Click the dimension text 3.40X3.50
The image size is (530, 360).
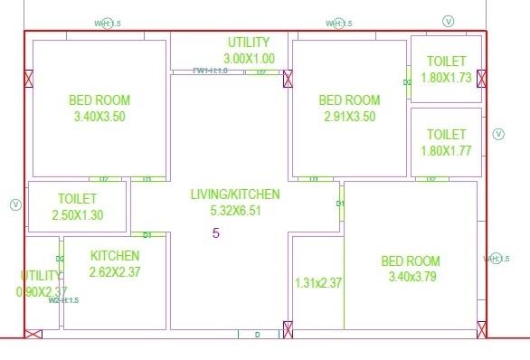pyautogui.click(x=99, y=117)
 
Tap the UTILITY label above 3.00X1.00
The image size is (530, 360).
pyautogui.click(x=249, y=43)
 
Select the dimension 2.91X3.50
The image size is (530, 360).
pyautogui.click(x=349, y=117)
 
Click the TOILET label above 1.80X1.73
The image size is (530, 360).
pyautogui.click(x=446, y=62)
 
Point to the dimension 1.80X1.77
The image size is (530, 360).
pyautogui.click(x=446, y=151)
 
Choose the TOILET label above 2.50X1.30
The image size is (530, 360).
pyautogui.click(x=79, y=198)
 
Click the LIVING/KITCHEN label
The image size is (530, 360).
pyautogui.click(x=235, y=194)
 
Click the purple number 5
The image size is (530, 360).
pyautogui.click(x=216, y=233)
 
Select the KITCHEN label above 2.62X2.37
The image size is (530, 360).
pyautogui.click(x=115, y=256)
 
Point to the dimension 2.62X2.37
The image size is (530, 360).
pyautogui.click(x=115, y=271)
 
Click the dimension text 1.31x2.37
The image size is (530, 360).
pyautogui.click(x=318, y=283)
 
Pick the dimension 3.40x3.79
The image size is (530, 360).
pyautogui.click(x=411, y=277)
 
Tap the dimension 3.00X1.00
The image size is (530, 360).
pyautogui.click(x=249, y=59)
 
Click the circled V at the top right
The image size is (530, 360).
pyautogui.click(x=449, y=21)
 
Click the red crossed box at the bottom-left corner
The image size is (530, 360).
pyautogui.click(x=33, y=334)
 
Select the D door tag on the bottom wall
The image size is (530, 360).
pyautogui.click(x=257, y=335)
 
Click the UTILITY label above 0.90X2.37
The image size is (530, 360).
pyautogui.click(x=41, y=275)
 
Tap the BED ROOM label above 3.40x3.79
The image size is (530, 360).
pyautogui.click(x=411, y=261)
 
